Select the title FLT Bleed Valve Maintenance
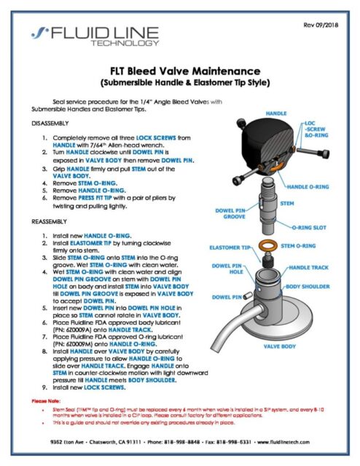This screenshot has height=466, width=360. [179, 71]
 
